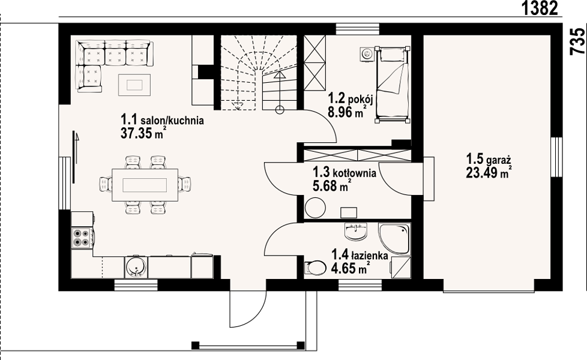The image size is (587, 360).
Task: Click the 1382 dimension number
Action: click(540, 8)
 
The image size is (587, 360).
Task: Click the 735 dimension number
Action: click(577, 41)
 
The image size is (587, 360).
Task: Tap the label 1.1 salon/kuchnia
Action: click(162, 120)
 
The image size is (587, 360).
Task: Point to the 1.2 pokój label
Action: click(351, 99)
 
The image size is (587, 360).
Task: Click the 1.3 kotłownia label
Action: click(345, 173)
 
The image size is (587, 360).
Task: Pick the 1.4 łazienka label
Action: click(360, 256)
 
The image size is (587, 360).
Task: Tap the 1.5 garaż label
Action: click(489, 160)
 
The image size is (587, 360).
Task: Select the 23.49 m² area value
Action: click(489, 173)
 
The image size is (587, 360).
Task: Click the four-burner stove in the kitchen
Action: click(82, 237)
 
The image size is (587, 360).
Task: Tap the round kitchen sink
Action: click(136, 267)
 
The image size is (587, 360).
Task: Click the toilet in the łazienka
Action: click(315, 268)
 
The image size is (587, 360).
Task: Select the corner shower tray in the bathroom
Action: click(394, 239)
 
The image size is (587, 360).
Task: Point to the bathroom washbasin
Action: click(355, 231)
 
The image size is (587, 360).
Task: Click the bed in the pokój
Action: click(393, 85)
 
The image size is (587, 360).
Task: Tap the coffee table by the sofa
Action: click(135, 85)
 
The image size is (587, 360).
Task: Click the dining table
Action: click(145, 185)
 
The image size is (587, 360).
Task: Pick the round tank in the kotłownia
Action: click(315, 208)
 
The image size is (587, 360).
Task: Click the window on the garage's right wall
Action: click(556, 157)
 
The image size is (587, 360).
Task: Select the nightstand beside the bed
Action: click(367, 54)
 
